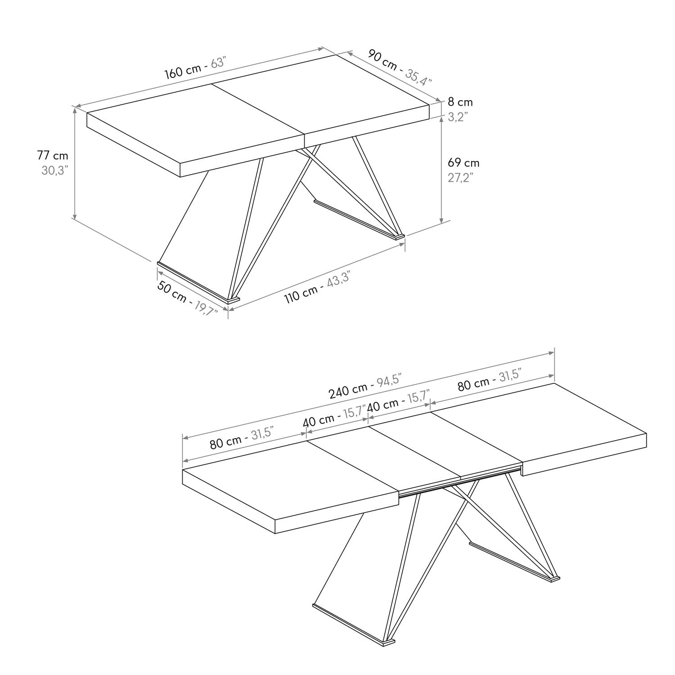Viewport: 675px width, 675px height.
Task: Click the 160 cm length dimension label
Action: (x=182, y=72)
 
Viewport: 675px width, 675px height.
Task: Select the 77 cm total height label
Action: (x=53, y=156)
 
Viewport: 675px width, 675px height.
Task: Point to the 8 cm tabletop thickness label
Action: (x=460, y=103)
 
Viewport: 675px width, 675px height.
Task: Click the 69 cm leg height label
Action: (x=463, y=162)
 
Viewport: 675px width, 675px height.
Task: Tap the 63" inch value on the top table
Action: (x=218, y=63)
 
